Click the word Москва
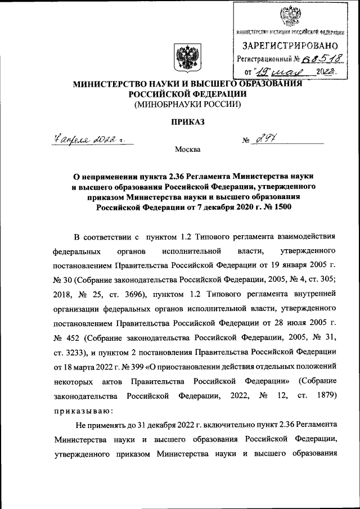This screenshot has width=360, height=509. pyautogui.click(x=187, y=150)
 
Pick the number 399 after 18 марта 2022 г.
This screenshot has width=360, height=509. pyautogui.click(x=143, y=366)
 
